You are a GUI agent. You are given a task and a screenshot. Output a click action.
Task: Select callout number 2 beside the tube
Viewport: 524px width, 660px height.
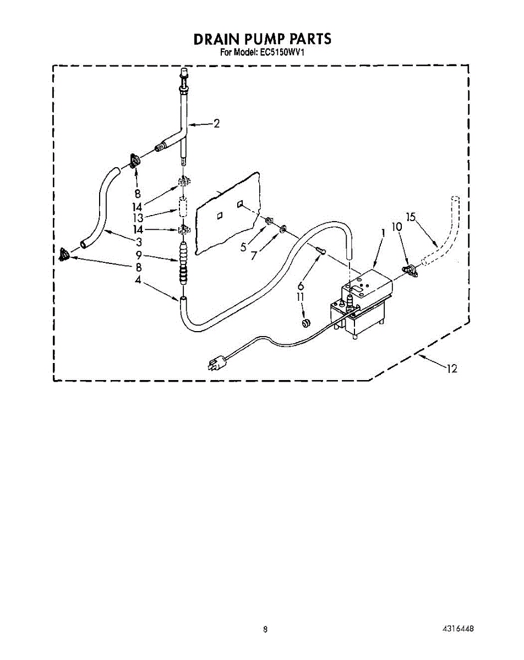[x=216, y=124]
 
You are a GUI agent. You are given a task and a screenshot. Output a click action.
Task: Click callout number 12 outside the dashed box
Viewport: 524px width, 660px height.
[x=452, y=369]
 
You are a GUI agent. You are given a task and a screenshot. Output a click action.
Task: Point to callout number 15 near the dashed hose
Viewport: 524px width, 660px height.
[x=411, y=217]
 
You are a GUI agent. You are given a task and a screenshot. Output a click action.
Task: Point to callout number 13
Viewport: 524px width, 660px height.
[x=138, y=217]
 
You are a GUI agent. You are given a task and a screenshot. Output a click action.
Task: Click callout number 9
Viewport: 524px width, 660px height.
[x=139, y=255]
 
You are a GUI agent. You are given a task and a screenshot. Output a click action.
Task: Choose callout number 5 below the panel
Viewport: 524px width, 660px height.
[x=243, y=247]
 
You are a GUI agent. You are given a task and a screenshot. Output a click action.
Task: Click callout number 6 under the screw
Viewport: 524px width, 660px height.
[x=300, y=285]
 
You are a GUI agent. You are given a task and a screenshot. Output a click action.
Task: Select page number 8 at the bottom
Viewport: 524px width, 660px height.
[x=265, y=629]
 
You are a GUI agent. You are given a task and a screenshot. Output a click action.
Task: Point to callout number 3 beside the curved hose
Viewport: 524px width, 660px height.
[x=139, y=242]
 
